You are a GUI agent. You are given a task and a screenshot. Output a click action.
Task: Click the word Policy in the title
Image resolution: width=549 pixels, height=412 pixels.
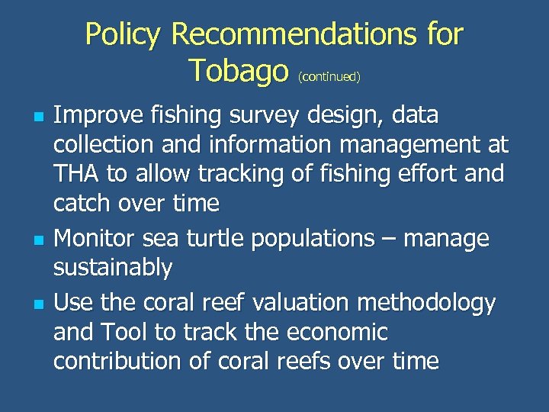pos(124,34)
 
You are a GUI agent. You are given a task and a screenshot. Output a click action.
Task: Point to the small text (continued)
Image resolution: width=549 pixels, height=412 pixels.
pos(329,76)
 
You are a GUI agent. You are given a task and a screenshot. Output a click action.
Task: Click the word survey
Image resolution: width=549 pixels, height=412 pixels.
pos(258,116)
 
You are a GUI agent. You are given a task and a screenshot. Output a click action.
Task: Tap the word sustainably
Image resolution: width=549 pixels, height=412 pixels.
pos(113,269)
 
